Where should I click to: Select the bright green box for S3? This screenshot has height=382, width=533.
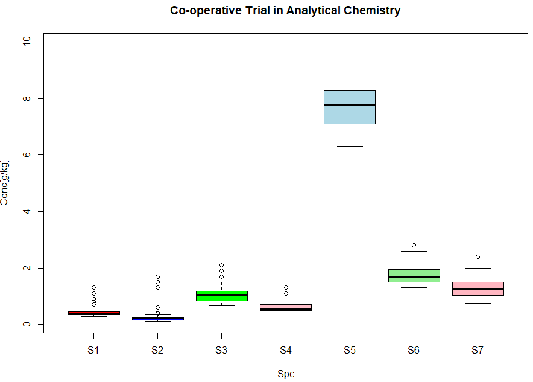[x=221, y=296]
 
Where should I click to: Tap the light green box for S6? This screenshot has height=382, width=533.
[x=414, y=275]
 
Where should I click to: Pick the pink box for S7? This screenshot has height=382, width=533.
[x=478, y=288]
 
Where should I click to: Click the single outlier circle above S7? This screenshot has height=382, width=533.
[x=478, y=256]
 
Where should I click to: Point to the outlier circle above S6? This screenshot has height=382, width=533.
[x=414, y=245]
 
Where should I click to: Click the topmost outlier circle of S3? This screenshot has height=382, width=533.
[x=221, y=265]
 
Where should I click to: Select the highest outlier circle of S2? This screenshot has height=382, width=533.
[x=157, y=276]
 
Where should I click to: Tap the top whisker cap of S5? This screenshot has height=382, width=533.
[x=350, y=45]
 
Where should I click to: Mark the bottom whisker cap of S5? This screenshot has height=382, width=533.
[x=350, y=146]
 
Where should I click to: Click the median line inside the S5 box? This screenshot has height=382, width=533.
[x=350, y=105]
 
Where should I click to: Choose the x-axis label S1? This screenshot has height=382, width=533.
[x=93, y=350]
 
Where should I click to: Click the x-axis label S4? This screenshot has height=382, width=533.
[x=285, y=350]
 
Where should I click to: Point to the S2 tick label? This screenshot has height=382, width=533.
[x=157, y=350]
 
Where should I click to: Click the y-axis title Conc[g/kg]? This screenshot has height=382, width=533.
[x=5, y=183]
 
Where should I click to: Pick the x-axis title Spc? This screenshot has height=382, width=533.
[x=285, y=374]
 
